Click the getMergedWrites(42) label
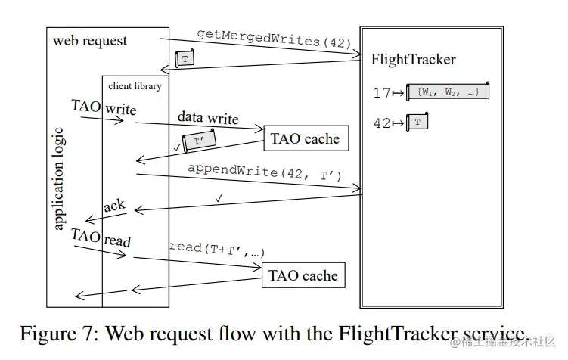(275, 39)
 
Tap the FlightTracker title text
(414, 59)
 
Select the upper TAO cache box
(305, 138)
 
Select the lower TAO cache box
(303, 275)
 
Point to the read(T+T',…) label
(216, 249)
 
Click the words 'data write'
(208, 118)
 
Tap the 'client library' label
(135, 85)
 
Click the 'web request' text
(90, 40)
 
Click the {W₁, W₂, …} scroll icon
(448, 92)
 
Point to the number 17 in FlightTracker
(383, 93)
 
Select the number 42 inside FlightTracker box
(383, 123)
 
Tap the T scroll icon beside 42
(417, 122)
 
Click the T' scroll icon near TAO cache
(198, 141)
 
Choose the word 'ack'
(114, 206)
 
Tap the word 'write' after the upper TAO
(121, 109)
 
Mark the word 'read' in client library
(117, 241)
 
